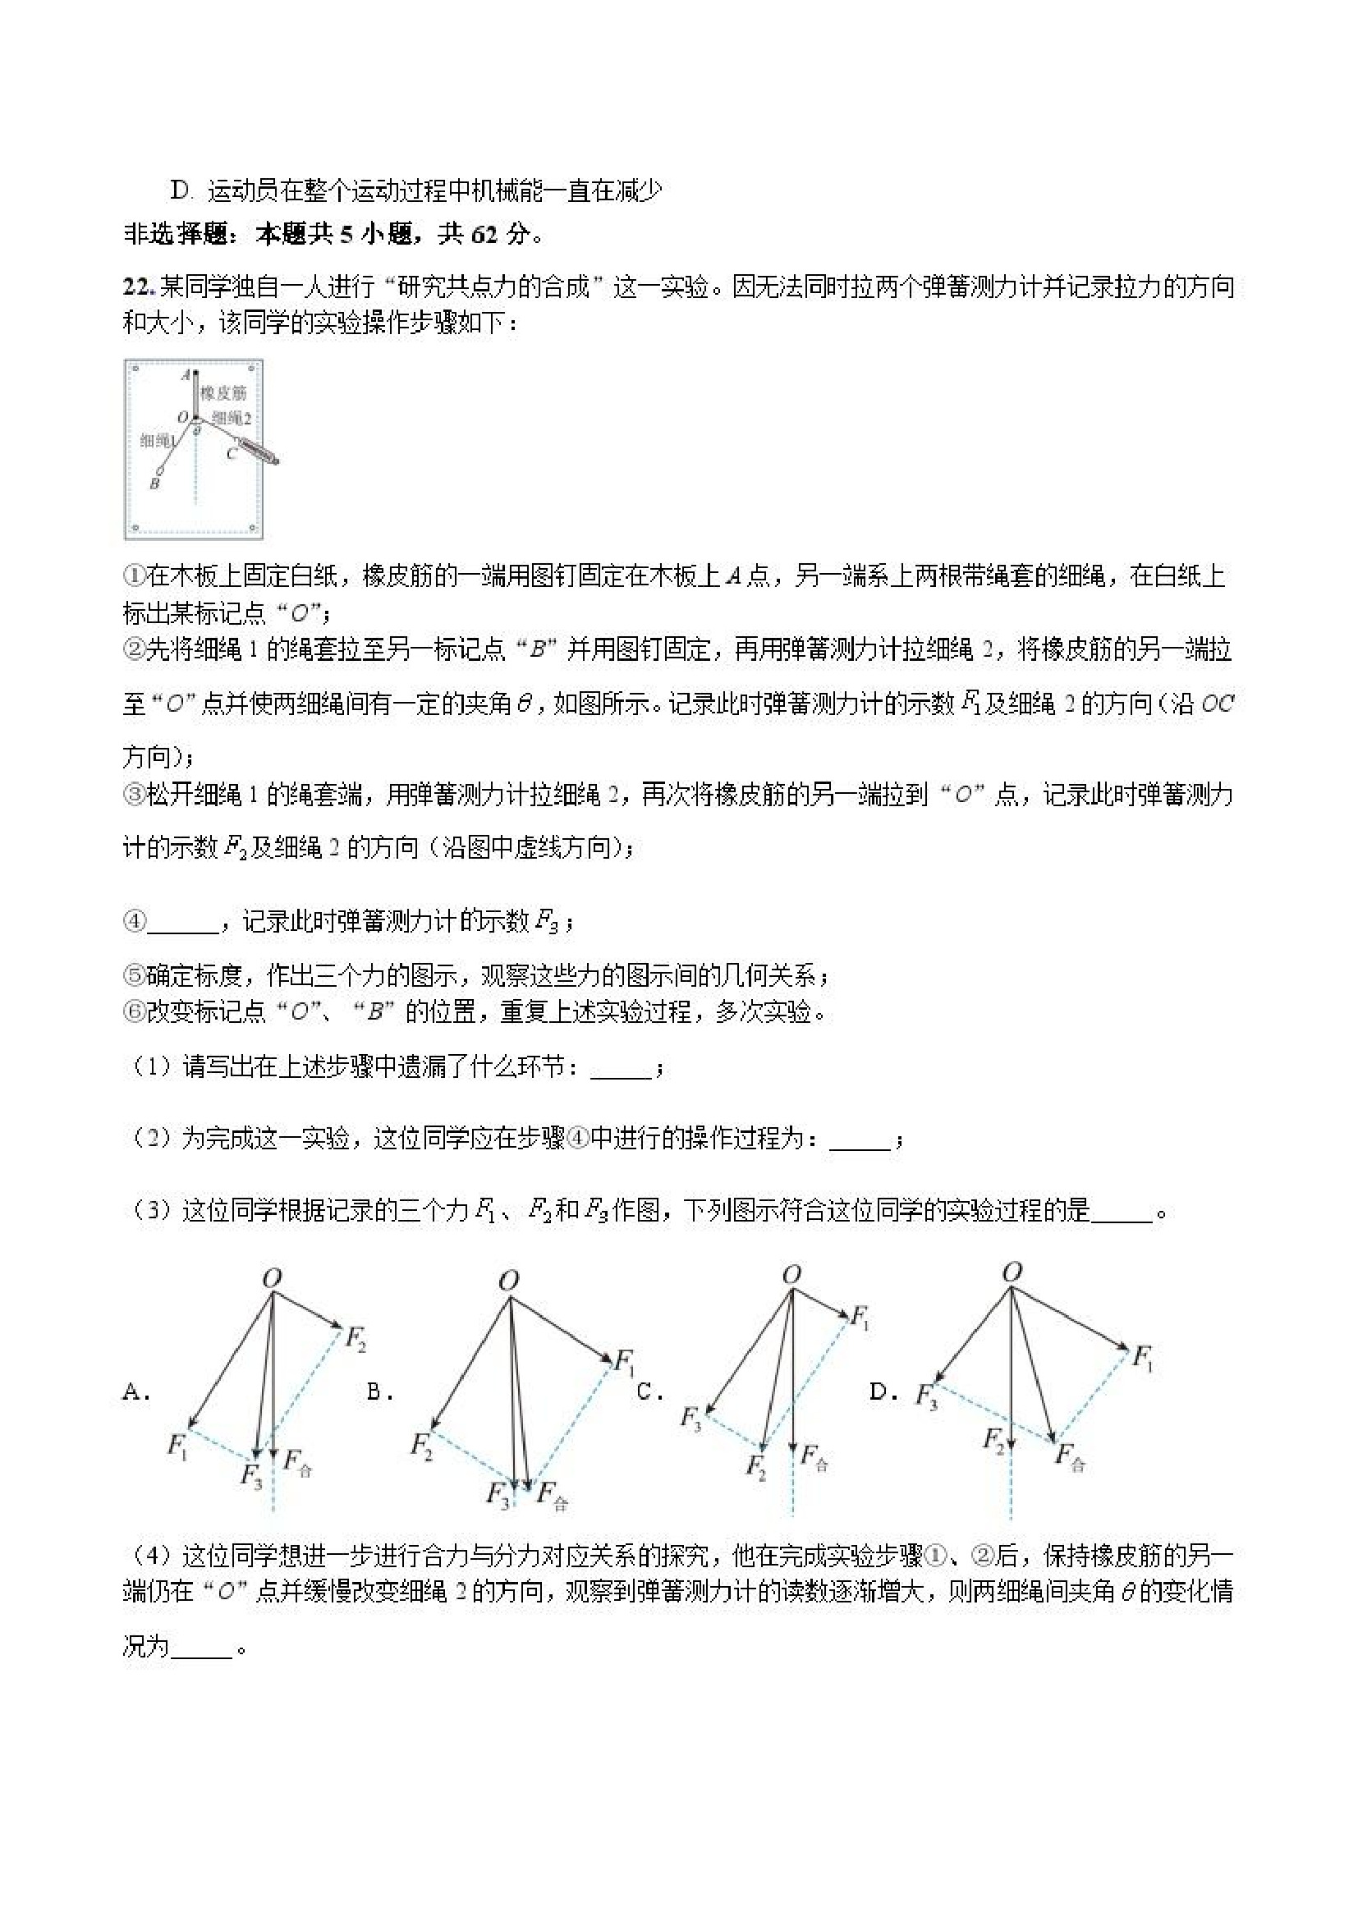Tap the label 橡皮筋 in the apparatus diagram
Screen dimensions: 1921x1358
223,393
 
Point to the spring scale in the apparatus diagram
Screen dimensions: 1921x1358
258,450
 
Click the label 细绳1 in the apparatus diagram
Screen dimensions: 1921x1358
157,440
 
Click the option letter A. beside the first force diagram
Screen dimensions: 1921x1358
135,1392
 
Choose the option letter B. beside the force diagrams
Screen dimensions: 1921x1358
381,1392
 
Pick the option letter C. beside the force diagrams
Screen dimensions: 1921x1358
649,1392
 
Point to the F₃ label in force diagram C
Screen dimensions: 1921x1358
690,1419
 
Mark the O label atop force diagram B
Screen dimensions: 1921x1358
508,1281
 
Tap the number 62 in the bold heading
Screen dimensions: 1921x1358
484,235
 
